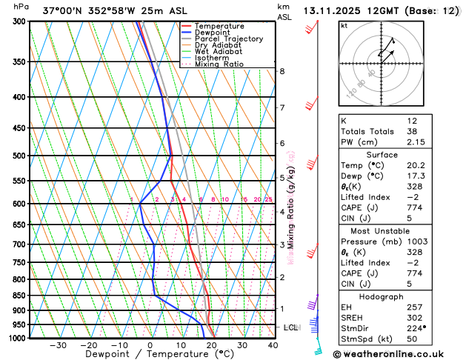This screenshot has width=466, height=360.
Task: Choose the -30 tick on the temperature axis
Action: [58, 345]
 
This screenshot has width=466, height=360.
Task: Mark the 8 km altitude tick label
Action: [282, 71]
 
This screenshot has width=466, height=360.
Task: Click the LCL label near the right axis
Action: [291, 327]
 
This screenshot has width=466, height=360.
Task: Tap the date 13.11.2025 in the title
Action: [338, 10]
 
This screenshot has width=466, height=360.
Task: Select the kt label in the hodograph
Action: [344, 25]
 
